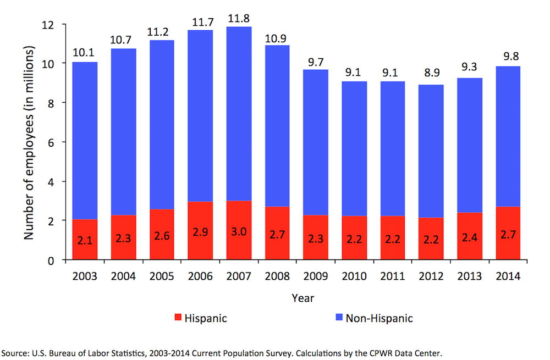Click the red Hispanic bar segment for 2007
point(239,231)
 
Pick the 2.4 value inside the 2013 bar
point(470,239)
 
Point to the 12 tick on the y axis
point(52,25)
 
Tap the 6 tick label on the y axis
point(54,142)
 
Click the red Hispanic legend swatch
point(178,318)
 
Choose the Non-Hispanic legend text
point(379,318)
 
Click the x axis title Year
point(302,298)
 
